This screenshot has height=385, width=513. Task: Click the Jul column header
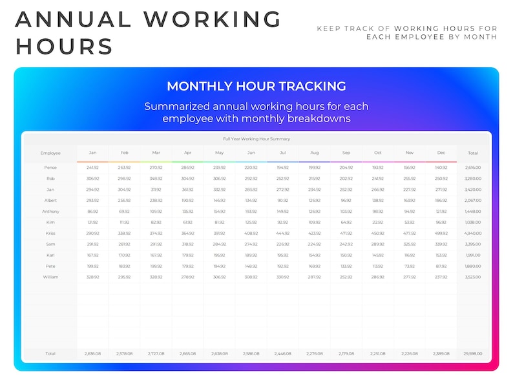(x=282, y=153)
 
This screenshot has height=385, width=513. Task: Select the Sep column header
(x=346, y=153)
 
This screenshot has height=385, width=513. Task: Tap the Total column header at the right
(x=473, y=153)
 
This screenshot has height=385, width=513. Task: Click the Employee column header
(x=50, y=153)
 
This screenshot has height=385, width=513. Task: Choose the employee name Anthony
(x=50, y=212)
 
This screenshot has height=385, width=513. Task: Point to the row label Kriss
(x=50, y=233)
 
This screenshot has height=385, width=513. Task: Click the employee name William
(x=50, y=277)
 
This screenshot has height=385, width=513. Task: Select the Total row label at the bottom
(x=50, y=354)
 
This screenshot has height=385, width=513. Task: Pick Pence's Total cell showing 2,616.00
(x=473, y=168)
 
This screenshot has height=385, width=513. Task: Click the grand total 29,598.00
(x=473, y=354)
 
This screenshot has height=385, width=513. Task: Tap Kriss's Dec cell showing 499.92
(x=441, y=233)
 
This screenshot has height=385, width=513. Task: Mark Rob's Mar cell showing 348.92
(x=156, y=179)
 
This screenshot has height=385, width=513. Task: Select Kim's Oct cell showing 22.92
(x=378, y=222)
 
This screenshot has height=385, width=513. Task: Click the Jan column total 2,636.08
(x=92, y=354)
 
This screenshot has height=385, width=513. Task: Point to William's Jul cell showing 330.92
(x=282, y=277)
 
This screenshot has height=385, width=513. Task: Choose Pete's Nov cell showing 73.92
(x=410, y=266)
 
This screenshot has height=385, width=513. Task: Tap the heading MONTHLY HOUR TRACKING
(x=256, y=86)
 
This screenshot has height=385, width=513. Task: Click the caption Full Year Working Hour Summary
(x=256, y=138)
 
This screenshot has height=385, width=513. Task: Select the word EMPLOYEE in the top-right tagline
(x=416, y=37)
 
